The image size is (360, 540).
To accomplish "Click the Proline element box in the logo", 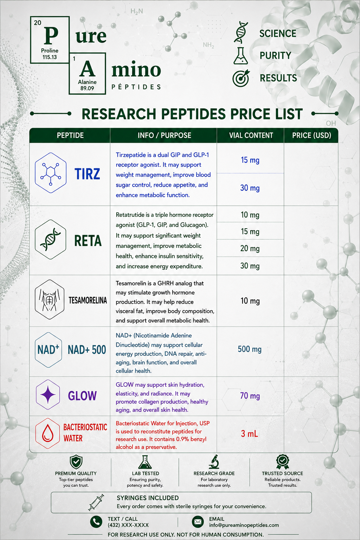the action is tap(50, 40).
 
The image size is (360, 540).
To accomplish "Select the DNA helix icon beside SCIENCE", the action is tap(241, 32).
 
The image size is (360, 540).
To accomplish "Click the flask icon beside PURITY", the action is tap(240, 56).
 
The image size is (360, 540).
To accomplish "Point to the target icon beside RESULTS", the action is tap(241, 78).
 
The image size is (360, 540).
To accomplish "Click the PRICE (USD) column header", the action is tap(311, 135).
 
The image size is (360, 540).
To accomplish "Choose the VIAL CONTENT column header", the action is tap(251, 135).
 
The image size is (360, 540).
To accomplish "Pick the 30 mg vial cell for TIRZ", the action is tap(250, 188).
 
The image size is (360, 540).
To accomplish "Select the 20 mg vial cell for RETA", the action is tap(250, 248).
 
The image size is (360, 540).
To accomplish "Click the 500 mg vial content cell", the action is tap(250, 349).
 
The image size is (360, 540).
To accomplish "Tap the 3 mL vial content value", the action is tap(250, 434).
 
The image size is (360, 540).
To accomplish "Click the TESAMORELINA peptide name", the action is tap(88, 300).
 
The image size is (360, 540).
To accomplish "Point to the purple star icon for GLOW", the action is tap(48, 395).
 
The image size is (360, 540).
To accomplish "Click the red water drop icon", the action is tap(47, 433).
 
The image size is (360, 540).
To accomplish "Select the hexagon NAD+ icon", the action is tap(49, 350).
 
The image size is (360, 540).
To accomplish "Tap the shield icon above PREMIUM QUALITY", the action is tap(76, 462).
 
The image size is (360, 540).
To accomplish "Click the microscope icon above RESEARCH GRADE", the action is tap(214, 462).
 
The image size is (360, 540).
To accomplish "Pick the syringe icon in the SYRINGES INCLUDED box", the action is tap(96, 502).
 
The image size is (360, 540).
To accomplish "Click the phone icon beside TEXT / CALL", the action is tap(96, 522).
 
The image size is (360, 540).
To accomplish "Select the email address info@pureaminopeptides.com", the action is tap(244, 525).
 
